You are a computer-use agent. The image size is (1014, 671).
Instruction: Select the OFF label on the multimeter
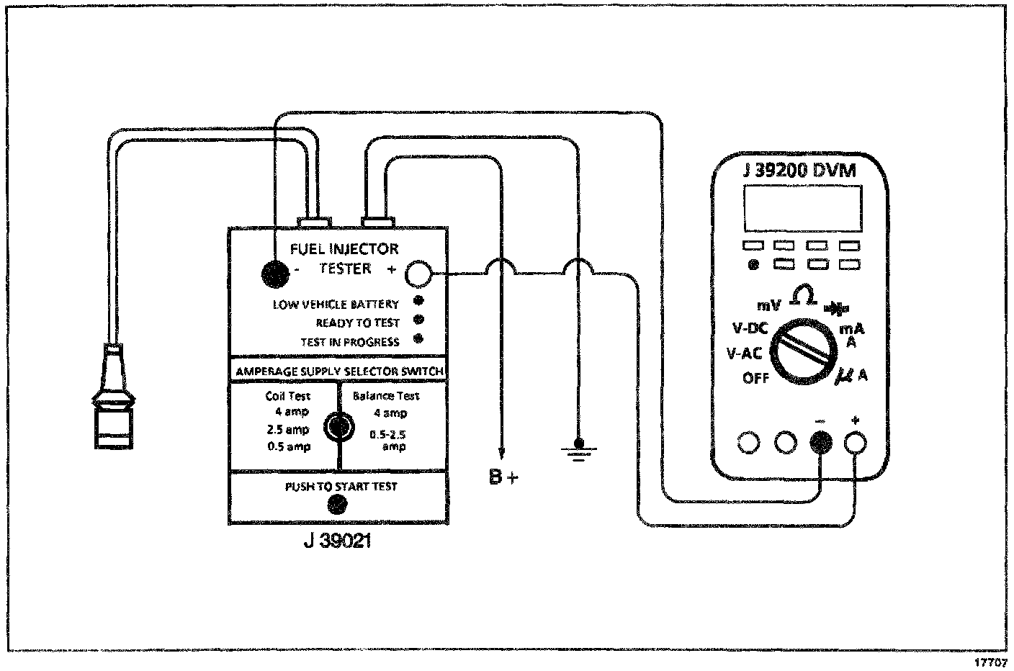(x=755, y=377)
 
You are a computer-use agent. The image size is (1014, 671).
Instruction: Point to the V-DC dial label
(x=750, y=329)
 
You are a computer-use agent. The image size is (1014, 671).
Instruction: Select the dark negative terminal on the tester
(x=274, y=273)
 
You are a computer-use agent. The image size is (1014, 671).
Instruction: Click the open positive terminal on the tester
(x=419, y=274)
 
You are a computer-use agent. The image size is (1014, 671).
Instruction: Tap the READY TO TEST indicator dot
(x=418, y=320)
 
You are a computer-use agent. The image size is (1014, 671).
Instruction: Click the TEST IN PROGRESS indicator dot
(x=418, y=339)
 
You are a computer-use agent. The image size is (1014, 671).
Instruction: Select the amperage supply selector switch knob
(x=337, y=427)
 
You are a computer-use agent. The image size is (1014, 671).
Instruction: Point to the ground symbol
(x=578, y=451)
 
